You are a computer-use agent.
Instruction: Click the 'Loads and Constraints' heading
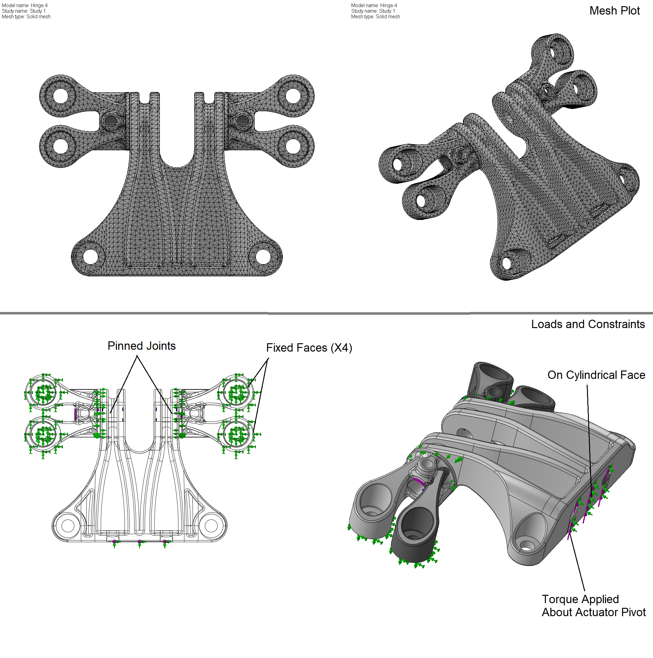point(588,324)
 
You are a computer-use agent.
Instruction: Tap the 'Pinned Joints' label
point(141,346)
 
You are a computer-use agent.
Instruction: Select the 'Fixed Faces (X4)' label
point(309,348)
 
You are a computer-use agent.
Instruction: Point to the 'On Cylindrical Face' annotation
point(596,375)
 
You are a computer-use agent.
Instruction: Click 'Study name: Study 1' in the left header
point(24,11)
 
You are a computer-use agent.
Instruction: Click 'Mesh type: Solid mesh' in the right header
point(375,17)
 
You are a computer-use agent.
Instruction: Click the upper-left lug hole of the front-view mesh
point(61,96)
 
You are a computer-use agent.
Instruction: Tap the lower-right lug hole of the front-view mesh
point(293,147)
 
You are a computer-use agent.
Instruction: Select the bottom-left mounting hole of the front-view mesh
point(90,256)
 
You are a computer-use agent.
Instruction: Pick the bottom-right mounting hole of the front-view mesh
point(263,256)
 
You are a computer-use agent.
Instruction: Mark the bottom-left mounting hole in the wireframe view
point(68,525)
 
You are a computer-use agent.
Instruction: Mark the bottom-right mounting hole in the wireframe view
point(211,525)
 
